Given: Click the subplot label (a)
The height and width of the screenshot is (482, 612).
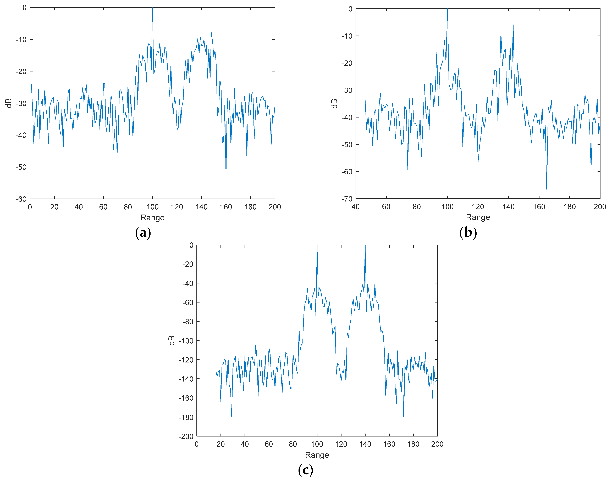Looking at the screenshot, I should [143, 233].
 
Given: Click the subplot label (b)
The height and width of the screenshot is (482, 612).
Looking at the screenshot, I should [468, 233].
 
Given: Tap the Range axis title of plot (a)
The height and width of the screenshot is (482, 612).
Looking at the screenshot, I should [152, 218].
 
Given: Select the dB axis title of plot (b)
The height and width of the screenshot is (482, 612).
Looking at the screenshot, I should [334, 104].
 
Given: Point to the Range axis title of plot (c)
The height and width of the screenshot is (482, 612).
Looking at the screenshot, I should [317, 455].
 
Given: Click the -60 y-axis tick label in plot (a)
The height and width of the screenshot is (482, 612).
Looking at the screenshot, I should [21, 199].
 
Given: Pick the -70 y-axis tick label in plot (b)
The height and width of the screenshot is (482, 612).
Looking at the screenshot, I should [347, 199].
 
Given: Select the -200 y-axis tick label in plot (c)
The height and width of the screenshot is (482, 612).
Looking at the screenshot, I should [186, 437].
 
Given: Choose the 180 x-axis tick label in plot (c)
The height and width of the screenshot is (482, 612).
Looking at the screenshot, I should [413, 444].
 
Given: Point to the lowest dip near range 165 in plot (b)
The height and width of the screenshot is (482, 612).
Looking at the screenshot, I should [547, 189].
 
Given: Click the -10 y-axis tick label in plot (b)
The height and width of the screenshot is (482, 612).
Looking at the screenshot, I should [347, 36].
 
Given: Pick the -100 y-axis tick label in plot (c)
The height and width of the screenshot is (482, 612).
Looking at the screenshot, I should [186, 341].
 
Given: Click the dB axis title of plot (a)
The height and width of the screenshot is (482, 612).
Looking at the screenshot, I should [9, 103].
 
